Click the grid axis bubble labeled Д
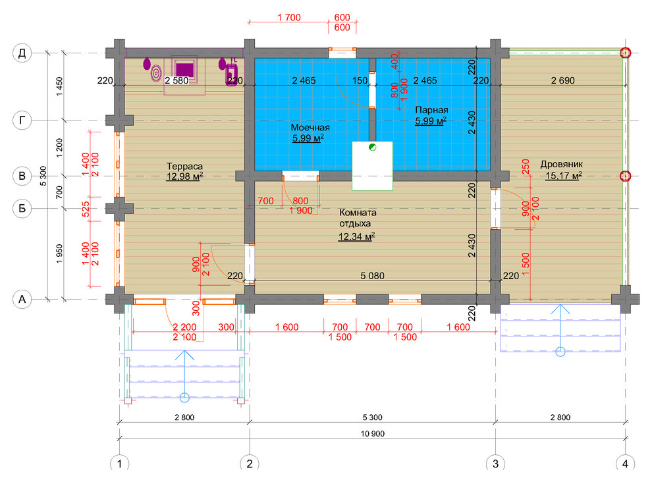coord(22,53)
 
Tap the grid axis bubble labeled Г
coord(22,120)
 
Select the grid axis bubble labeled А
coord(22,299)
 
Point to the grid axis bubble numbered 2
coord(250,464)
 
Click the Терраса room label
coord(184,167)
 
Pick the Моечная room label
coord(310,127)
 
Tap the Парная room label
coord(431,110)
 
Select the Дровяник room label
coord(561,164)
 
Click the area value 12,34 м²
coord(356,236)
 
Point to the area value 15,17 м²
coord(564,176)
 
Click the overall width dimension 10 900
coord(373,434)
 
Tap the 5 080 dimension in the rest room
coord(373,276)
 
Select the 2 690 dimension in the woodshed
coord(563,80)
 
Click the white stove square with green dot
coord(373,166)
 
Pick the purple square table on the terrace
coord(184,69)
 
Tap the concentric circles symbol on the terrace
coord(156,74)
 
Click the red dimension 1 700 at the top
coord(289,18)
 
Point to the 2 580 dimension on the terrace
coord(177,80)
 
